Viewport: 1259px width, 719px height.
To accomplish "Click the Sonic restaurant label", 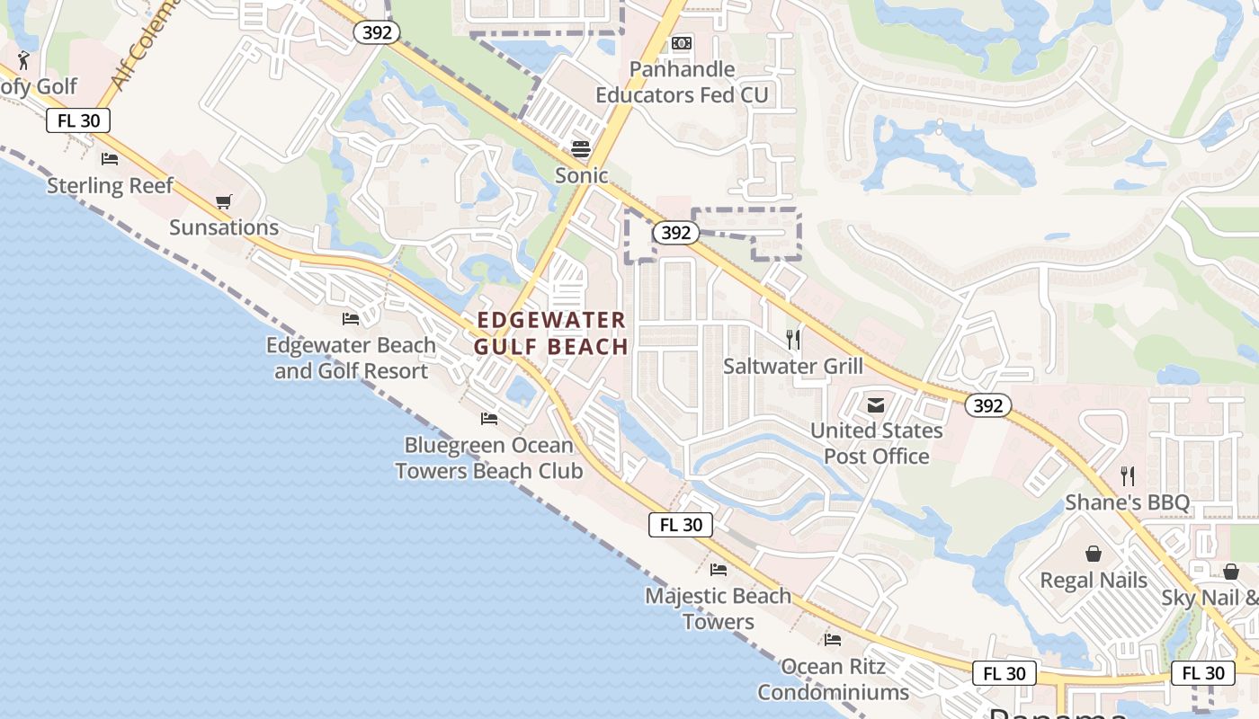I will [582, 175].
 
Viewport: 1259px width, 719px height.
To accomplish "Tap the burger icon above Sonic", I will [582, 148].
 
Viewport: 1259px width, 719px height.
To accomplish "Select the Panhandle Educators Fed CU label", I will [682, 82].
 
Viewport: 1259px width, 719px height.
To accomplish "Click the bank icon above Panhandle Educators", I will [682, 43].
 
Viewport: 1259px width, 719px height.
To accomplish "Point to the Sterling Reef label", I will [110, 186].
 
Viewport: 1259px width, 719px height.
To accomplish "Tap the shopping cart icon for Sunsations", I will [223, 202].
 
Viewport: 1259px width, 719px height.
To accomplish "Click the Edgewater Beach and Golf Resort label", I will [352, 358].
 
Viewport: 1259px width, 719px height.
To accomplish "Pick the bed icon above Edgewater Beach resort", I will [351, 319].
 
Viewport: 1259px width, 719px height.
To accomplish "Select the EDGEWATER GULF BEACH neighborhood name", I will [551, 333].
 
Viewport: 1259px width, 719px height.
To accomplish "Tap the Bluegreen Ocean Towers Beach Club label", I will [489, 457].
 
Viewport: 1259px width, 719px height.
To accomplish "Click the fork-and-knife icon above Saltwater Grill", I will [793, 339].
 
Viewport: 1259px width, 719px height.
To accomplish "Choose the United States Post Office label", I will [877, 443].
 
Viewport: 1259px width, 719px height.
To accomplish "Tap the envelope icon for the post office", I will [876, 405].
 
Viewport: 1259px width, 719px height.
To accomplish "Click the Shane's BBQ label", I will [1127, 502].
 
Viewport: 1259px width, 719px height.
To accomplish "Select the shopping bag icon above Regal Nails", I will [1094, 554].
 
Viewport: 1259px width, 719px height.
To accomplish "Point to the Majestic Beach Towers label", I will [719, 608].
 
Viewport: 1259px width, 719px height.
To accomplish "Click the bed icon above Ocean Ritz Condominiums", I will [833, 640].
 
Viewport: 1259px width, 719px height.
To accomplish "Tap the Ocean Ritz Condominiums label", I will [833, 679].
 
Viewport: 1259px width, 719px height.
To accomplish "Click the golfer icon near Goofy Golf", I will [24, 60].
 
